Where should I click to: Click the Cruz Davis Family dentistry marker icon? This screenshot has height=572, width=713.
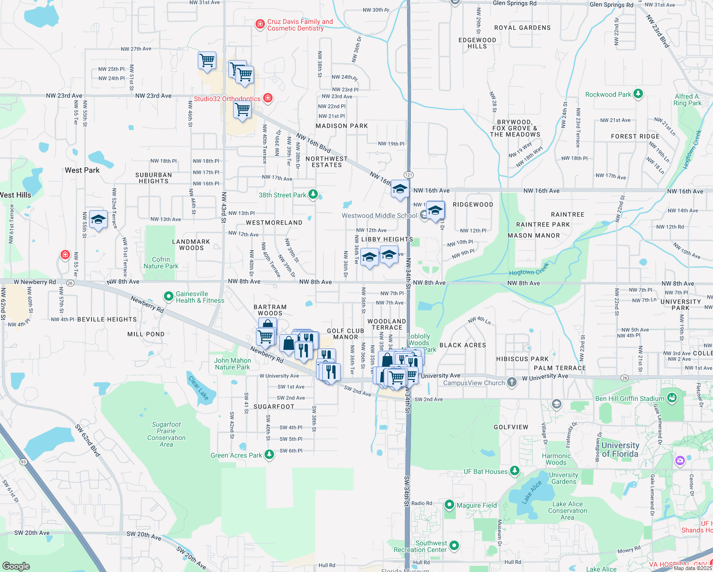[x=260, y=24]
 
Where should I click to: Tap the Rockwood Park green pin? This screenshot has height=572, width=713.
[x=638, y=94]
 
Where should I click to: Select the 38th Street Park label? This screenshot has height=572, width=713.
[x=282, y=195]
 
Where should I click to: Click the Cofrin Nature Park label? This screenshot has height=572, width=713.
[x=161, y=263]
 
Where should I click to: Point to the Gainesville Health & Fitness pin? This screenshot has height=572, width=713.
[x=168, y=296]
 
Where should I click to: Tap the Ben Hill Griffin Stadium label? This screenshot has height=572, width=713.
[x=629, y=398]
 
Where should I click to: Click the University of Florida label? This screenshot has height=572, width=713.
[x=620, y=449]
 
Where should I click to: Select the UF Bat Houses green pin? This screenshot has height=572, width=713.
[x=514, y=471]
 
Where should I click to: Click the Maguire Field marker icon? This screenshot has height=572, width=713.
[x=449, y=505]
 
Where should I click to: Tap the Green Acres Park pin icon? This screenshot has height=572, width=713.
[x=269, y=454]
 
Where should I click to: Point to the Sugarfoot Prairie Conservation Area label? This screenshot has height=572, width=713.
[x=166, y=434]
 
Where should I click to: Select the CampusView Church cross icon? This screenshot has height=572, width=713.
[x=511, y=382]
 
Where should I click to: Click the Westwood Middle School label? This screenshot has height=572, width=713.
[x=379, y=215]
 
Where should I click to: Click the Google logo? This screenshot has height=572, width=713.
[x=16, y=566]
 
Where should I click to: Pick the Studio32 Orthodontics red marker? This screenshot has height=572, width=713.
[x=268, y=98]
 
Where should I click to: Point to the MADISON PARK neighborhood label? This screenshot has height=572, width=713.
[x=342, y=126]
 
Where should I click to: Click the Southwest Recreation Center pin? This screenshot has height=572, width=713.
[x=454, y=545]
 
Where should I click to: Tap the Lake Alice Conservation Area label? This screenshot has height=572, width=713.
[x=567, y=511]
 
